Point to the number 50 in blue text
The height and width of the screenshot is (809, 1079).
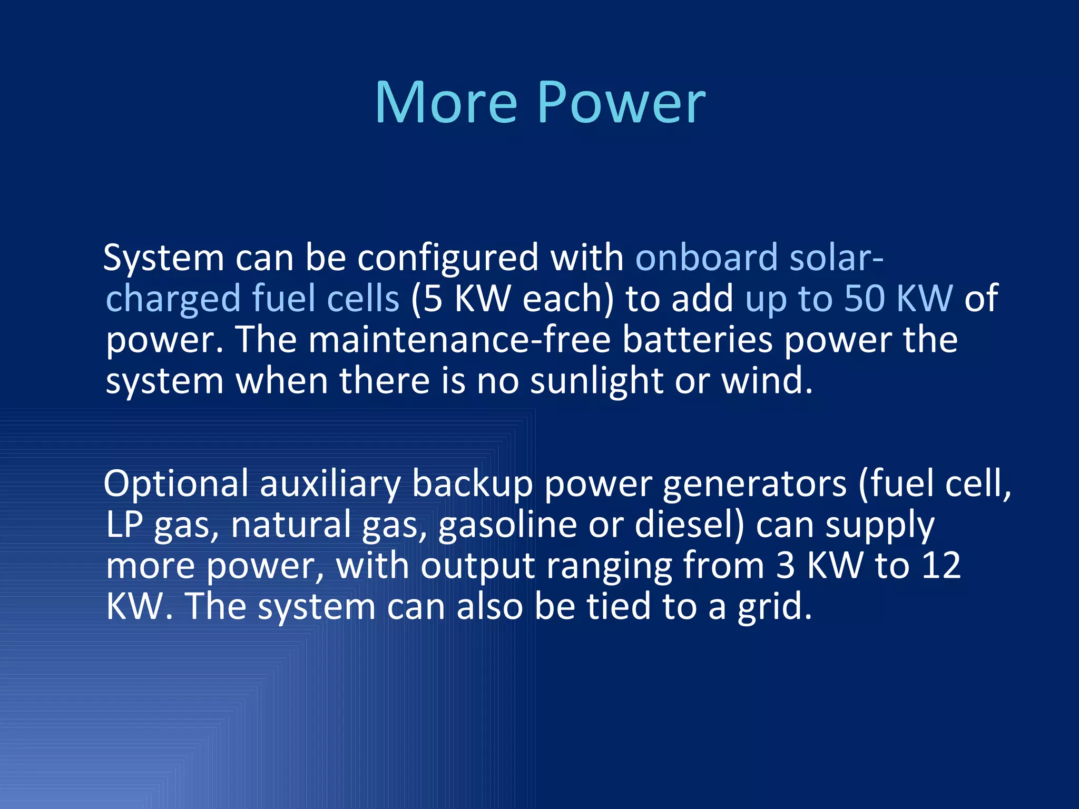[x=864, y=298]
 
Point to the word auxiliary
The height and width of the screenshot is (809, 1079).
[x=330, y=484]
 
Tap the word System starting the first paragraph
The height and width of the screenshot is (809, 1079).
[x=164, y=258]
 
